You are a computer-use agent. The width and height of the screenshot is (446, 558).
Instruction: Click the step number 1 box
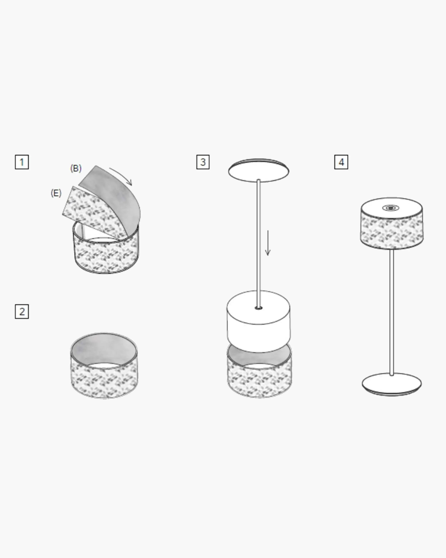22,162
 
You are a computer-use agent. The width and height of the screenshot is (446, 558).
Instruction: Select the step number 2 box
22,311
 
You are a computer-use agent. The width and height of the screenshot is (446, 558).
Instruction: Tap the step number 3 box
203,162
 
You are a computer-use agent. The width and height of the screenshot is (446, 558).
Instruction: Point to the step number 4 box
341,162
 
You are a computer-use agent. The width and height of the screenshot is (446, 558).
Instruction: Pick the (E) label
56,193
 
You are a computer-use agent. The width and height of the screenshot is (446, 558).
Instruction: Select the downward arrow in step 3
268,243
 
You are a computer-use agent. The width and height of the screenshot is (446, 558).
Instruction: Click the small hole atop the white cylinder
259,308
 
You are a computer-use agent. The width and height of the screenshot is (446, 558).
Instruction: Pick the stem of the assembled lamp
392,312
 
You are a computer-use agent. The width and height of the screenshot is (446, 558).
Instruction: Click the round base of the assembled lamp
392,384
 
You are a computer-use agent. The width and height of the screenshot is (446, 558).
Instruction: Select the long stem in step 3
259,243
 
